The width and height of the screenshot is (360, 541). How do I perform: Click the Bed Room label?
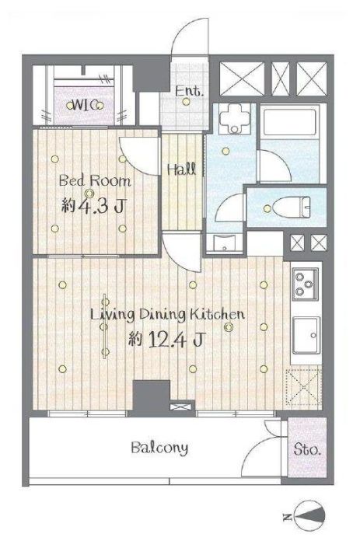click(95, 181)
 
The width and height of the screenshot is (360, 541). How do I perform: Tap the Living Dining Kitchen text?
click(167, 315)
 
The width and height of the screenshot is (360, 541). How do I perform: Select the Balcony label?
click(160, 449)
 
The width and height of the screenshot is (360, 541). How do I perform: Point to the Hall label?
click(181, 169)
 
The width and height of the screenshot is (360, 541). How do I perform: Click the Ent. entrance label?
click(189, 92)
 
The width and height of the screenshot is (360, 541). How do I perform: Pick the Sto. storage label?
click(307, 450)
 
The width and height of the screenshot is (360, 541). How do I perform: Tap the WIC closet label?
click(85, 106)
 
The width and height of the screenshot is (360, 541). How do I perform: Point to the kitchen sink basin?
click(306, 336)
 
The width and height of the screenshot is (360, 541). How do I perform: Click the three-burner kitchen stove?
click(306, 284)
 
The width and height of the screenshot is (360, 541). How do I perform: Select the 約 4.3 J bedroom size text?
click(93, 206)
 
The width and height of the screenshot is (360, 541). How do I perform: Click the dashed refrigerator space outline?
click(303, 386)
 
